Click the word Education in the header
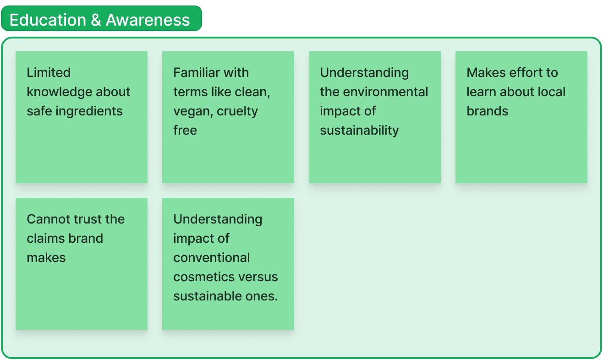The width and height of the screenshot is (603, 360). click(48, 20)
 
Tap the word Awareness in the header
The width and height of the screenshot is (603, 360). click(148, 20)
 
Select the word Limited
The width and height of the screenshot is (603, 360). click(49, 72)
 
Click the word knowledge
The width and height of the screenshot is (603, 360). click(59, 92)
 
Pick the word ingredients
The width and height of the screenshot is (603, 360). click(95, 111)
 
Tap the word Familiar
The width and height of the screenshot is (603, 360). click(194, 72)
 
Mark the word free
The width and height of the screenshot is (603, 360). click(185, 130)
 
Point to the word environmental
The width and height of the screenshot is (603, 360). click(385, 92)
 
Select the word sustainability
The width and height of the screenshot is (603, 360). click(359, 130)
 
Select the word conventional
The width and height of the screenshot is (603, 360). click(212, 257)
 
